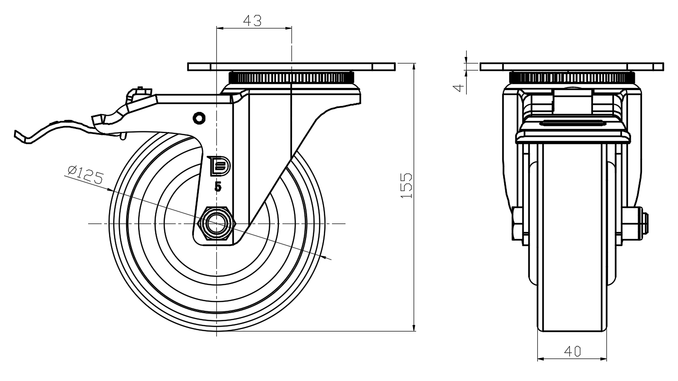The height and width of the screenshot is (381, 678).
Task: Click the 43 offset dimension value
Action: [252, 20]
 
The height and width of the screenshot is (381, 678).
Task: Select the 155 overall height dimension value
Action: [407, 185]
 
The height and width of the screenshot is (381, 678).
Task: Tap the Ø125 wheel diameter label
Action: [84, 173]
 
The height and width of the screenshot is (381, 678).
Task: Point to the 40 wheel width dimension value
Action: [572, 351]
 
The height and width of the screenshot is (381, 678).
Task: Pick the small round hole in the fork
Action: [199, 118]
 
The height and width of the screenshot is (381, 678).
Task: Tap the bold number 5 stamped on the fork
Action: [218, 186]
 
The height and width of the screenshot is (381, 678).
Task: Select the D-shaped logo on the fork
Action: [219, 166]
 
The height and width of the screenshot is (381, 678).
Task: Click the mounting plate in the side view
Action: [291, 66]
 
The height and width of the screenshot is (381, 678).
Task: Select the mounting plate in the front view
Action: [572, 66]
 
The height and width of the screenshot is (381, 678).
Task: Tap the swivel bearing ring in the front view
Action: [572, 78]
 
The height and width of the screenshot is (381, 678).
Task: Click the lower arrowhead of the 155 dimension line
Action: [414, 327]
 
